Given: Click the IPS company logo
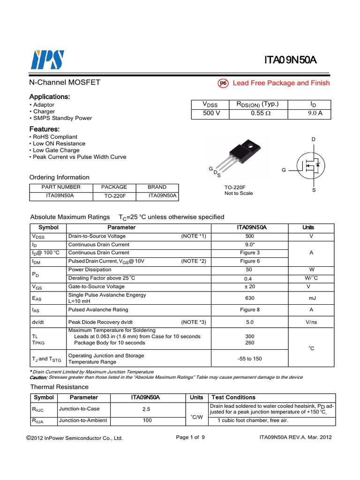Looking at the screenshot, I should [x=47, y=60].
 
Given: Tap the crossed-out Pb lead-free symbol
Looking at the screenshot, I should [x=223, y=83].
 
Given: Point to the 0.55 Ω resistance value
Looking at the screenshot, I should [x=258, y=113].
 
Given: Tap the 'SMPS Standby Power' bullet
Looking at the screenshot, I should [x=62, y=118].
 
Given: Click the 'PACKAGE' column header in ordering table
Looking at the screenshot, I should [x=114, y=187].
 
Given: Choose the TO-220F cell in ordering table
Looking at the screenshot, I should [x=115, y=196].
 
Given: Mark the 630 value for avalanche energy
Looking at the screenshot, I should [x=249, y=298].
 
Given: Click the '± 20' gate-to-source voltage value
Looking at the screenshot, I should [x=249, y=286].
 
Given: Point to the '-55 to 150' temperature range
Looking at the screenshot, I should [x=249, y=359].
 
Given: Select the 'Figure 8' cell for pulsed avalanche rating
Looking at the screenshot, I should [x=249, y=310].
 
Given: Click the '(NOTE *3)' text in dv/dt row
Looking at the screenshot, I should [x=194, y=322].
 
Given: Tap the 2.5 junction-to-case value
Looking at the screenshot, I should [x=147, y=409].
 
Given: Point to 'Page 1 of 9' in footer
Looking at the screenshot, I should [x=190, y=437].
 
